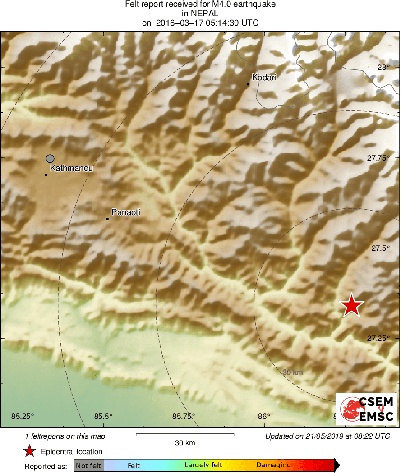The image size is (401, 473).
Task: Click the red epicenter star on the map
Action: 351,306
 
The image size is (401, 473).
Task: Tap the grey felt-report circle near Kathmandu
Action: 50,158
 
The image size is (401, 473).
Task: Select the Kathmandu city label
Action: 71,168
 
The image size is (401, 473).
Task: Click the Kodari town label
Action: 264,77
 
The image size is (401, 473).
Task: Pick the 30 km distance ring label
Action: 293,372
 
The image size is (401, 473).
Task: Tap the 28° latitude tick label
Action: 383,68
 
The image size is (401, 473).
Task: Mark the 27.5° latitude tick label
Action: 380,248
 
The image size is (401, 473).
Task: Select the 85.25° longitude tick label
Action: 23,416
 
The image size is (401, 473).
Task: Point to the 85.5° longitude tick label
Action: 103,416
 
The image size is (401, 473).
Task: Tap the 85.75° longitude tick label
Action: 184,416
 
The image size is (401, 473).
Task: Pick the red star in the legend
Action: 30,451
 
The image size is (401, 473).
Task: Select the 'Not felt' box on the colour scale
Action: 88,465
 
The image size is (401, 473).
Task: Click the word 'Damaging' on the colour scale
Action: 273,465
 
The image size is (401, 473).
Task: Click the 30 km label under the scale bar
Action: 185,443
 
